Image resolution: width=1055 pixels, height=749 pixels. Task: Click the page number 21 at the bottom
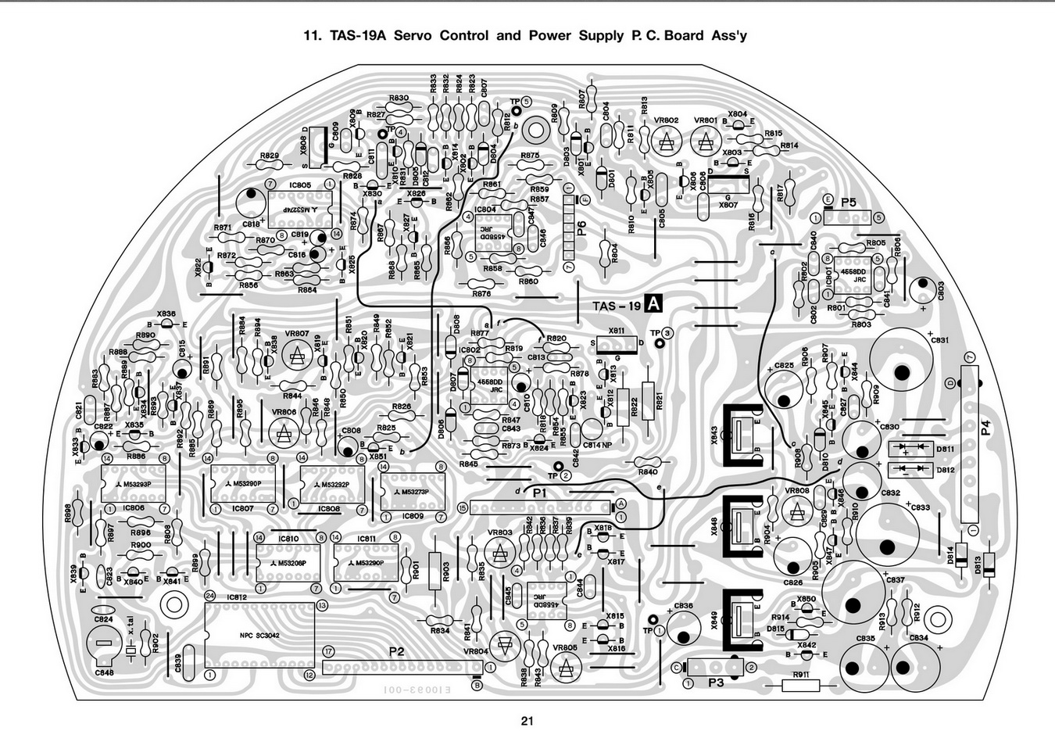[x=527, y=722]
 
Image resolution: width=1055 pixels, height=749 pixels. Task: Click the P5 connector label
[x=849, y=202]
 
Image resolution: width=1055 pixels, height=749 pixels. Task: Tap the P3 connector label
[x=716, y=682]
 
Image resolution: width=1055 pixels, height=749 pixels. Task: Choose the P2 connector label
[x=396, y=650]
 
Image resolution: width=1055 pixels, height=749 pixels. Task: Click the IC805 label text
[x=299, y=185]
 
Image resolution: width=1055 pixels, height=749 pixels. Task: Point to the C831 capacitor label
[x=939, y=339]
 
